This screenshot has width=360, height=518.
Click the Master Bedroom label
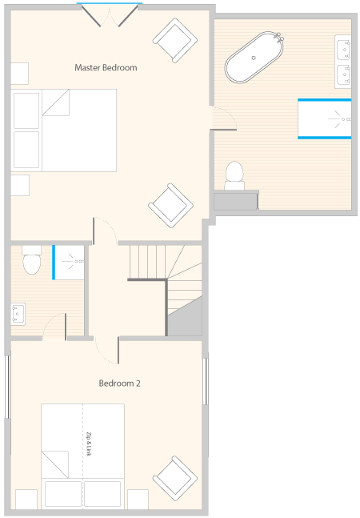pyautogui.click(x=106, y=68)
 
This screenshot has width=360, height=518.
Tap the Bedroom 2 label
pyautogui.click(x=119, y=383)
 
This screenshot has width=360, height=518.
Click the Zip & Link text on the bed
pyautogui.click(x=89, y=444)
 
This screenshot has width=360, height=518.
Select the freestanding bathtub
pyautogui.click(x=254, y=57)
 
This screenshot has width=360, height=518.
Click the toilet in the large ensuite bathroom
pyautogui.click(x=234, y=175)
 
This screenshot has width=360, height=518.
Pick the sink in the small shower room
pyautogui.click(x=18, y=314)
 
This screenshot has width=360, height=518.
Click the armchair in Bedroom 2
pyautogui.click(x=175, y=479)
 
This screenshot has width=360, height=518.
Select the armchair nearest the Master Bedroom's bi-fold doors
pyautogui.click(x=175, y=40)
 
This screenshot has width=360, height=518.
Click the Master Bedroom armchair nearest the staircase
pyautogui.click(x=170, y=206)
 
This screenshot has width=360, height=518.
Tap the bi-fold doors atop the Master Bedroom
pyautogui.click(x=110, y=16)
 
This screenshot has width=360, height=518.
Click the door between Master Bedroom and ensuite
pyautogui.click(x=223, y=118)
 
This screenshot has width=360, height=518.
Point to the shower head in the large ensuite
pyautogui.click(x=339, y=119)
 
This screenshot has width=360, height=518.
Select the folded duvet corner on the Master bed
pyautogui.click(x=56, y=102)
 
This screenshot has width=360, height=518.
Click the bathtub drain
pyautogui.click(x=254, y=58)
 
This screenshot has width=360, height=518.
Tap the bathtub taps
pyautogui.click(x=279, y=37)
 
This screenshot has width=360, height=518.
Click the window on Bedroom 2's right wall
pyautogui.click(x=205, y=381)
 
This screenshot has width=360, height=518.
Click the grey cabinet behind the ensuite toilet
pyautogui.click(x=236, y=202)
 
